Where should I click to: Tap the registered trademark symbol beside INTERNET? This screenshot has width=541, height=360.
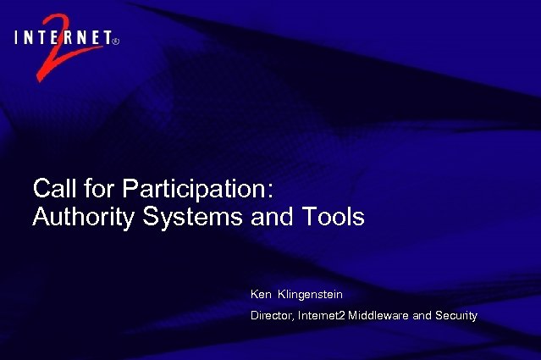coord(115,38)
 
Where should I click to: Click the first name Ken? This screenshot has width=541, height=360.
coord(261,294)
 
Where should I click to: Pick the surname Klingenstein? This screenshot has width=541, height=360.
coord(310,294)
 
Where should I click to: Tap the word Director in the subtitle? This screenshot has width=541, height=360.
coord(272,316)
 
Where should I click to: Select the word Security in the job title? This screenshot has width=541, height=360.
coord(456,316)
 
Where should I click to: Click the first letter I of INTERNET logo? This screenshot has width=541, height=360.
coord(18,36)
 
